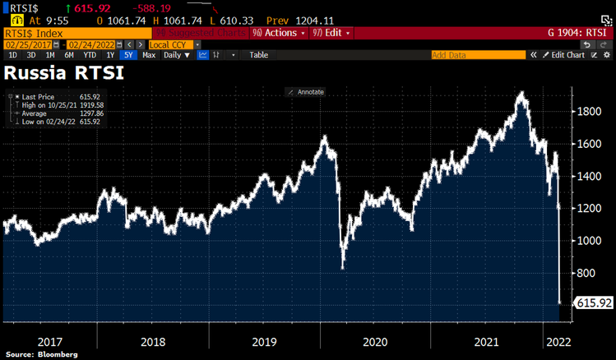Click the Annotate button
(306, 91)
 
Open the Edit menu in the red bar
(331, 33)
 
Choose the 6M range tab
(68, 55)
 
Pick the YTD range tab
(88, 55)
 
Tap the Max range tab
(149, 55)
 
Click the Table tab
(258, 55)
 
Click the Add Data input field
(478, 55)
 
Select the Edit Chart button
(565, 55)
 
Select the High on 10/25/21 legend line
(58, 104)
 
